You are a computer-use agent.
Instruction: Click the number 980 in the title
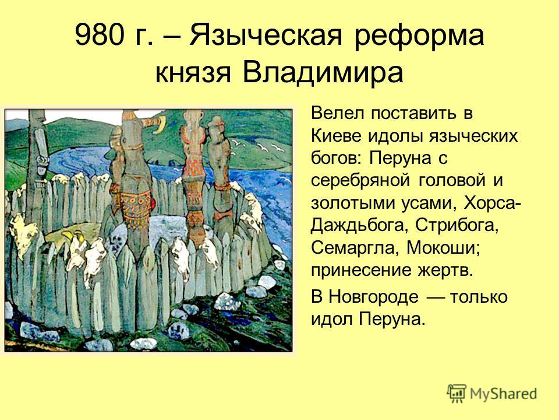(99, 36)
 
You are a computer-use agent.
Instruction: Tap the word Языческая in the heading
(266, 36)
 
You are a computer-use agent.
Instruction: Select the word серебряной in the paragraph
(360, 181)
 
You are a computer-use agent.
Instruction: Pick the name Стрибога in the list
(457, 226)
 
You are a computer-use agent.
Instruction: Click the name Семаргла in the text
(355, 249)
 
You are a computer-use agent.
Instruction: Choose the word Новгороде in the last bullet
(373, 297)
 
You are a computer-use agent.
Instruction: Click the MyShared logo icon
(457, 394)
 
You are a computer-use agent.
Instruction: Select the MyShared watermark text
(503, 394)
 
